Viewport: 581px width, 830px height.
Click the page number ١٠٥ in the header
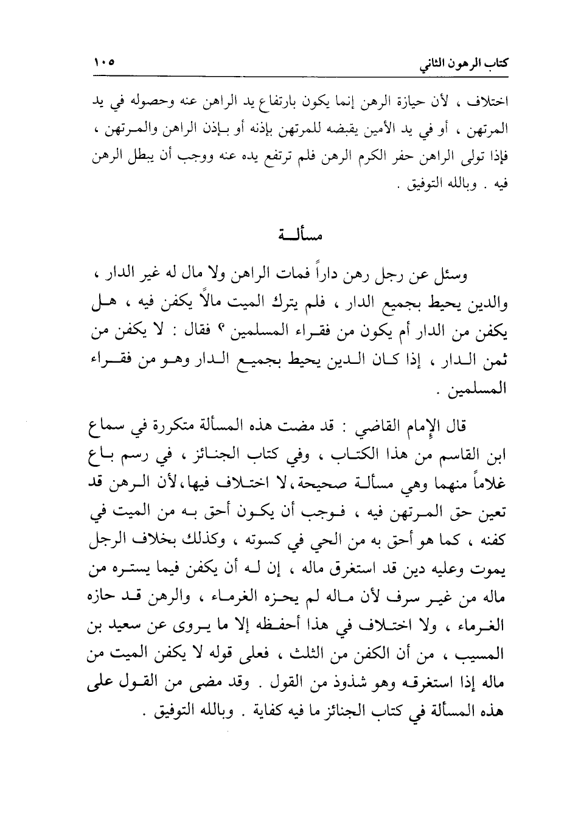pyautogui.click(x=104, y=63)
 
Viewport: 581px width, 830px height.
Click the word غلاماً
pyautogui.click(x=489, y=482)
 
